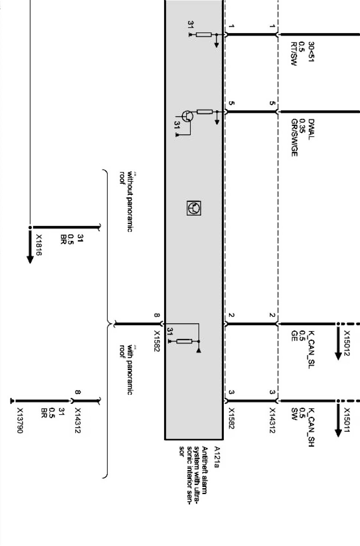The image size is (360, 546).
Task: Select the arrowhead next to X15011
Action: click(338, 432)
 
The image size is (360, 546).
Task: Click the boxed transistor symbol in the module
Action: click(194, 208)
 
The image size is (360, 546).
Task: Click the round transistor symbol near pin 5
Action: click(188, 116)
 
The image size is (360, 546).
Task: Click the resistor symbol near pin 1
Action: click(203, 35)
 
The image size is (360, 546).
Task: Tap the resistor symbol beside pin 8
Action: click(184, 341)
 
